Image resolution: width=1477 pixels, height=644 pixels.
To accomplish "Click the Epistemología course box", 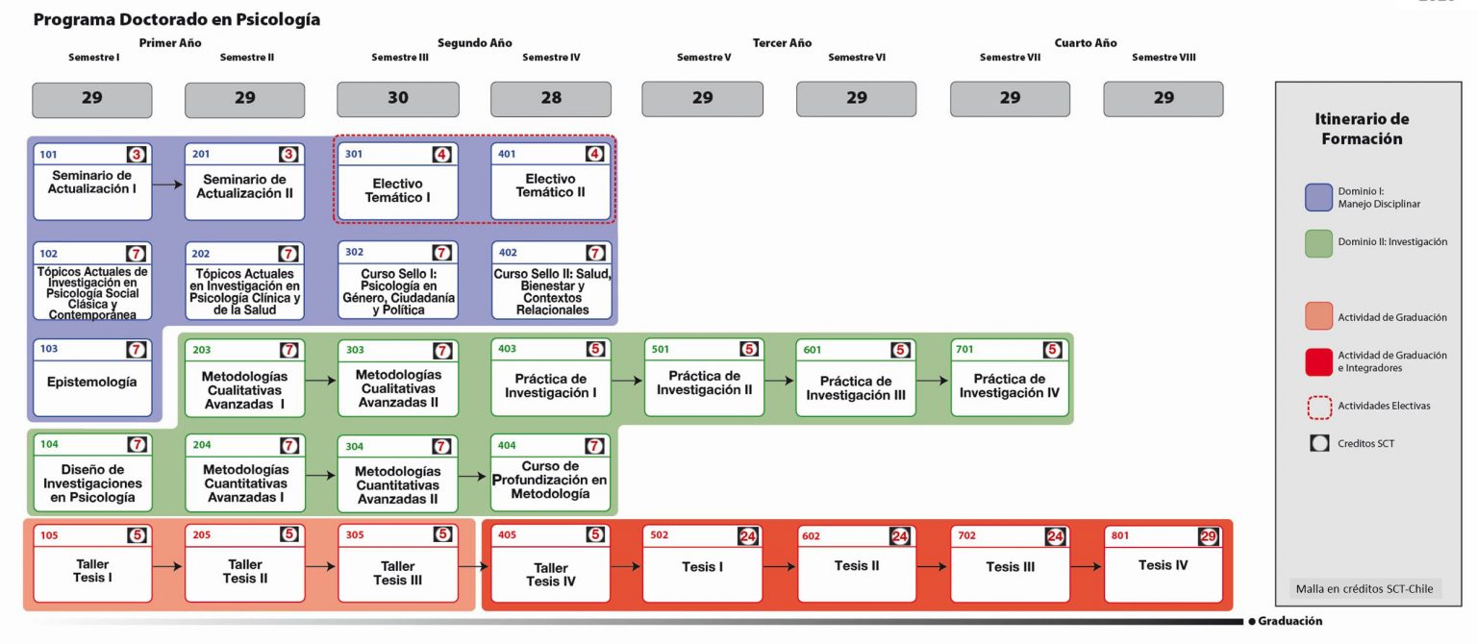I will tap(92, 382).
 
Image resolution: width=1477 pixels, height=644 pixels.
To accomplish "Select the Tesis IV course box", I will tap(1163, 565).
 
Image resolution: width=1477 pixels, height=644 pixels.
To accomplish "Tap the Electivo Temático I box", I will tap(397, 190).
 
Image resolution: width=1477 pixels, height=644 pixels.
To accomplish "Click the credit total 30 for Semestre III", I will tap(397, 98).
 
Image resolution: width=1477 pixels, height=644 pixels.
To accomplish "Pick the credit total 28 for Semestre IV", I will tap(551, 98).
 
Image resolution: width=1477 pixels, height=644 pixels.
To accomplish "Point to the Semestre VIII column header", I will tap(1164, 58).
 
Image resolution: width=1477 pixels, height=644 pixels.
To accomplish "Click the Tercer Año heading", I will tap(782, 42).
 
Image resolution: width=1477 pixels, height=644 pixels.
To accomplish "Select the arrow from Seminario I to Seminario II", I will tap(168, 183).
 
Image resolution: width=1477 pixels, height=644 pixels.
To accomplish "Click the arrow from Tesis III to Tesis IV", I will tap(1088, 566).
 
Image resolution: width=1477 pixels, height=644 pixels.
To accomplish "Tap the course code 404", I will tap(507, 446).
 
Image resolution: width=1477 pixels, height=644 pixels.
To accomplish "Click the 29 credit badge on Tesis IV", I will tap(1209, 536).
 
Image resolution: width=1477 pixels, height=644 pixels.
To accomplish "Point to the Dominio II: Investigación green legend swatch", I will tap(1319, 243).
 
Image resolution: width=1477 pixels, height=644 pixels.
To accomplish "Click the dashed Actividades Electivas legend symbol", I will tap(1319, 407).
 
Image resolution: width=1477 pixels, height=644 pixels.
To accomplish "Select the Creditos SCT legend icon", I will tap(1319, 443).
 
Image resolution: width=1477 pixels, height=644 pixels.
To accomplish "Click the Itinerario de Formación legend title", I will tap(1361, 129).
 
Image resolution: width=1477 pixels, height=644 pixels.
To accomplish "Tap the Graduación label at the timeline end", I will tap(1289, 621).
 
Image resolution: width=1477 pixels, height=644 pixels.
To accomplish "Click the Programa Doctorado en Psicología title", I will tap(177, 19).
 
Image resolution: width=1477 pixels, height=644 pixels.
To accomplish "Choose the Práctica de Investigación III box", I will tap(857, 387).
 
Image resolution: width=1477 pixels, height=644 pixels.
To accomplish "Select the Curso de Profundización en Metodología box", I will tap(551, 480).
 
